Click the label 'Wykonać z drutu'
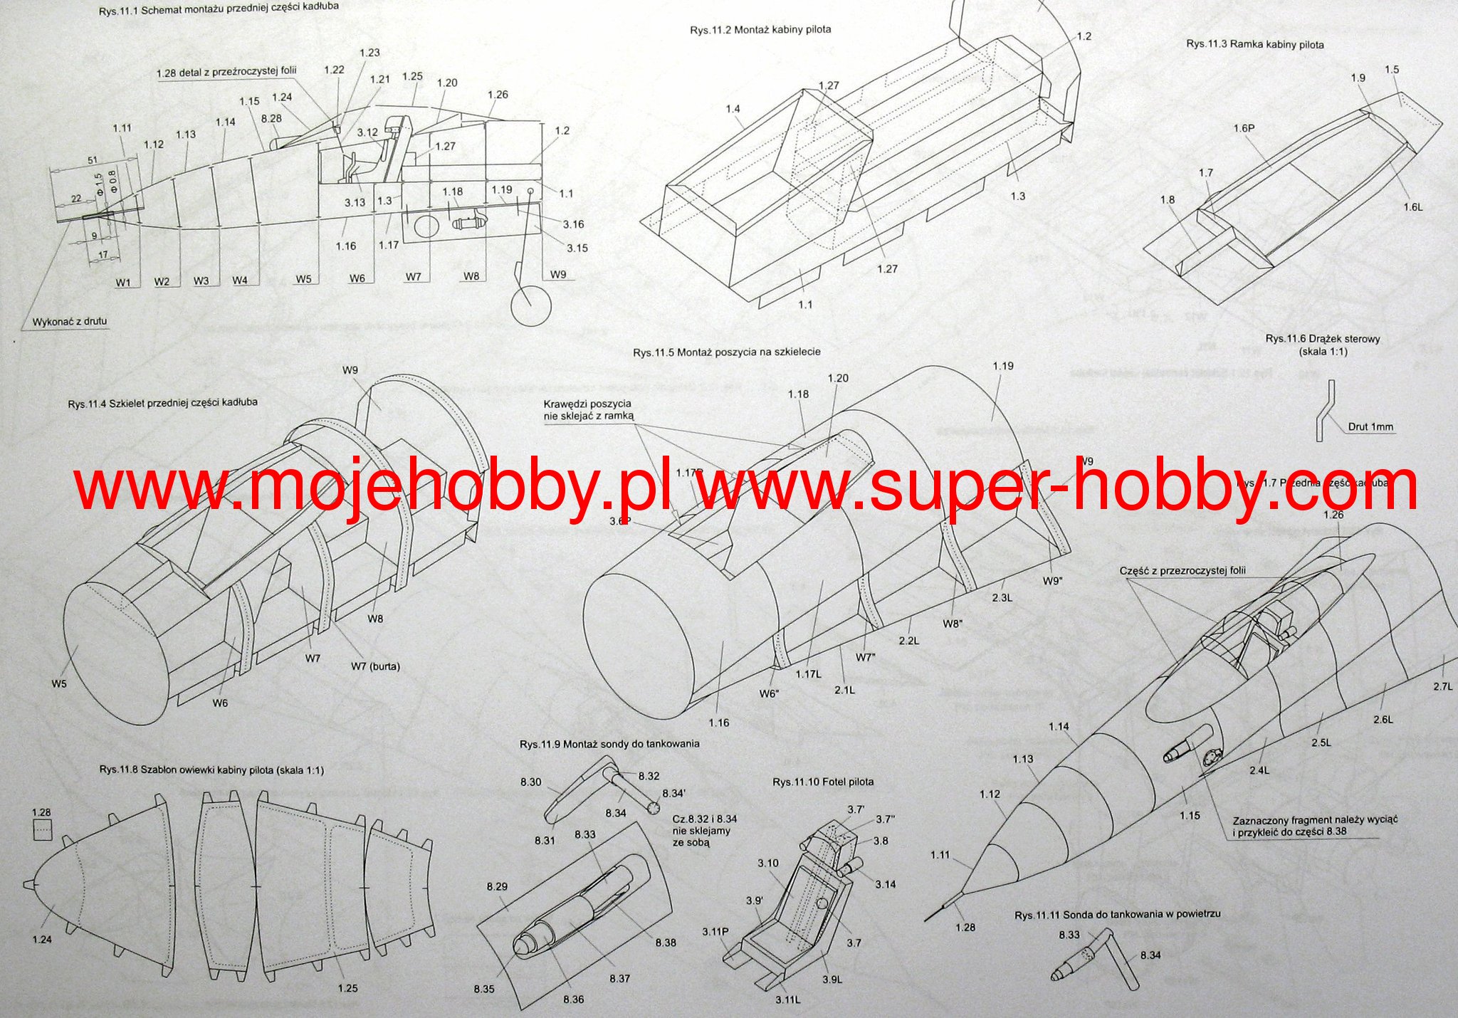point(70,321)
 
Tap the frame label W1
point(123,281)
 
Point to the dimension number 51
point(93,161)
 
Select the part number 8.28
point(271,118)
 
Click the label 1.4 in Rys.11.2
point(733,109)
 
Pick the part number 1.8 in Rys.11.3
point(1167,200)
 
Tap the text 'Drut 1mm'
point(1370,428)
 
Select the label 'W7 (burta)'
point(375,666)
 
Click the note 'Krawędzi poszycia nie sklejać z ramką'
point(587,409)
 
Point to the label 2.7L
point(1442,686)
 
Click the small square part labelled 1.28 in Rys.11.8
point(43,829)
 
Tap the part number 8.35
point(484,989)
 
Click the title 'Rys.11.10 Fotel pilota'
point(823,782)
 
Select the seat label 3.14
point(886,884)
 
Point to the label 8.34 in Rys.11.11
point(1150,955)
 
